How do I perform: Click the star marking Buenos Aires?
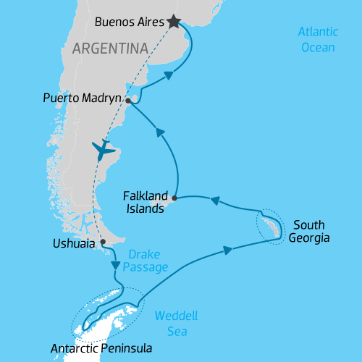pyautogui.click(x=174, y=22)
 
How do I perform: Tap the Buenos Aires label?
pyautogui.click(x=129, y=22)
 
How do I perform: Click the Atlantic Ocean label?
pyautogui.click(x=318, y=40)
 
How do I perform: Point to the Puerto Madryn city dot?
pyautogui.click(x=127, y=101)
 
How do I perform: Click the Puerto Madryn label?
pyautogui.click(x=84, y=98)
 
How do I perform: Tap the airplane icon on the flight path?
pyautogui.click(x=104, y=151)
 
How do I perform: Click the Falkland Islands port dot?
pyautogui.click(x=174, y=197)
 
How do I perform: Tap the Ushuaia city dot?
pyautogui.click(x=103, y=242)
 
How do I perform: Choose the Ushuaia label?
pyautogui.click(x=75, y=244)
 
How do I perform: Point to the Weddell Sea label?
pyautogui.click(x=177, y=324)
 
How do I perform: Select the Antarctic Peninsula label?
pyautogui.click(x=101, y=348)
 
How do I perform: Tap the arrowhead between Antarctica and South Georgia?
pyautogui.click(x=228, y=250)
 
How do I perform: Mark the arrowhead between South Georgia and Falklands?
pyautogui.click(x=215, y=202)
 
